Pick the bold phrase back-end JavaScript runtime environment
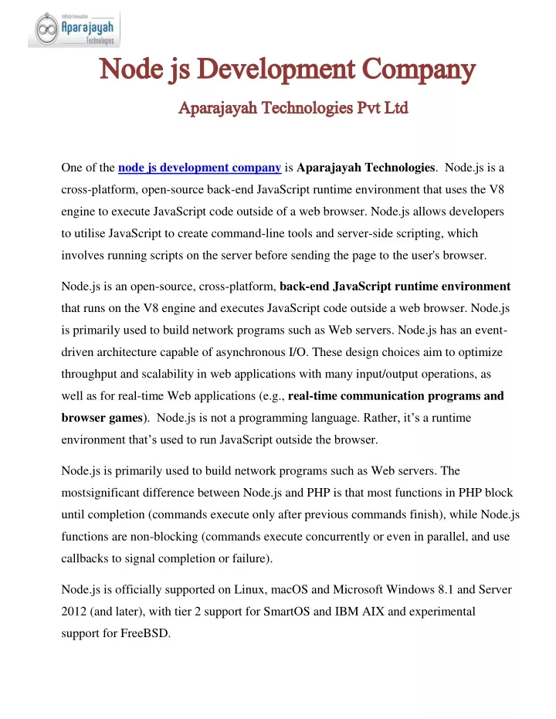coord(395,287)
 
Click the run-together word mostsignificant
coord(103,492)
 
